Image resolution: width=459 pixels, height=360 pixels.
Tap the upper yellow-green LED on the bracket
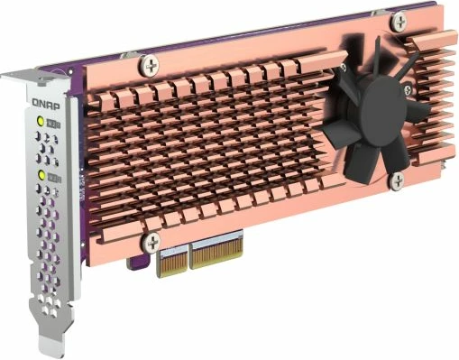39,122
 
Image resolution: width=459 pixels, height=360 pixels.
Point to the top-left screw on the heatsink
148,64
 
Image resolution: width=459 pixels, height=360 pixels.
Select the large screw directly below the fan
395,181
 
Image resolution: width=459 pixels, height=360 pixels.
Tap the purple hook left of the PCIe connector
137,263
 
